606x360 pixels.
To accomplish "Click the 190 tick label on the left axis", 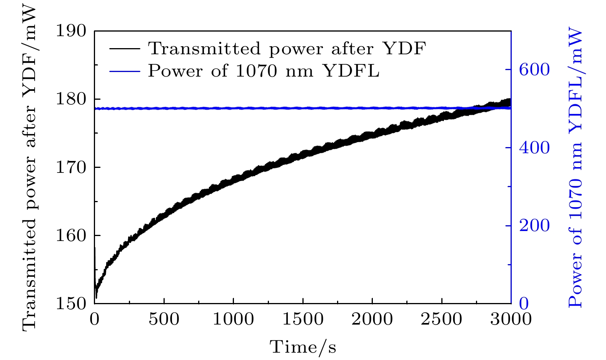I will coord(72,31).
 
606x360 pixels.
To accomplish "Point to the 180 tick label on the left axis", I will coord(72,99).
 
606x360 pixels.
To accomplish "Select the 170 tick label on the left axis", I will coord(72,167).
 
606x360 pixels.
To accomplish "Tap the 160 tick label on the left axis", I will coord(72,235).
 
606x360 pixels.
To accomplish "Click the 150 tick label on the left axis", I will coord(72,303).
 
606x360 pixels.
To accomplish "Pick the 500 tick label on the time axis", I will coord(164,319).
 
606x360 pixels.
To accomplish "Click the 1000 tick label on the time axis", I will coord(233,319).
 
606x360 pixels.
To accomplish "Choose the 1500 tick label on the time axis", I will coord(303,319).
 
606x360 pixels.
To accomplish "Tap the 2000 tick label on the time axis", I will coord(372,319).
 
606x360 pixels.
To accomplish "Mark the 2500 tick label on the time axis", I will coord(442,319).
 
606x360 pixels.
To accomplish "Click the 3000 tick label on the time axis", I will coord(511,319).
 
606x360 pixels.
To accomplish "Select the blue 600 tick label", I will coord(534,70).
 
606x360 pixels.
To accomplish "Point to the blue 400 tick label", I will coord(534,148).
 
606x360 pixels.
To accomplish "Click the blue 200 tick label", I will coord(534,226).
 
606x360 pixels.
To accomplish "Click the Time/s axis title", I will coord(303,347).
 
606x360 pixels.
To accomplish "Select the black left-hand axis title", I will coord(29,167).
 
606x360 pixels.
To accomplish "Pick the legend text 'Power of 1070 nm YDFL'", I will coord(264,71).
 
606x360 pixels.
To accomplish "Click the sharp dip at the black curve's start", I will coord(96,296).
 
